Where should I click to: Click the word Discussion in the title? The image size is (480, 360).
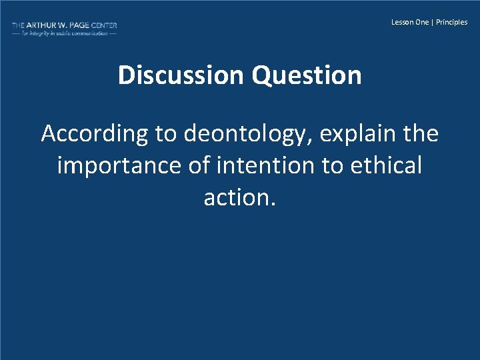tap(182, 75)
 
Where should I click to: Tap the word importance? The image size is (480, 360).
tap(117, 165)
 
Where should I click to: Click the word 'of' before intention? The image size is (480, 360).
tap(198, 165)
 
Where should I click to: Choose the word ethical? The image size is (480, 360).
tap(385, 165)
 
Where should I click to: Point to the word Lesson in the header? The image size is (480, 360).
tap(401, 22)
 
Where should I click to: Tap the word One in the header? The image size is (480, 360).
tap(422, 22)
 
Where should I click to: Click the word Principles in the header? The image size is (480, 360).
tap(452, 22)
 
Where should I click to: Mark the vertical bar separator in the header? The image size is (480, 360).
tap(433, 22)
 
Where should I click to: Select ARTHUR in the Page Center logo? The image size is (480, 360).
tap(43, 25)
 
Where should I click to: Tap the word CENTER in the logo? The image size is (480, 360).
tap(105, 25)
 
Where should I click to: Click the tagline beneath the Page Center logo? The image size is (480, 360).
tap(64, 33)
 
